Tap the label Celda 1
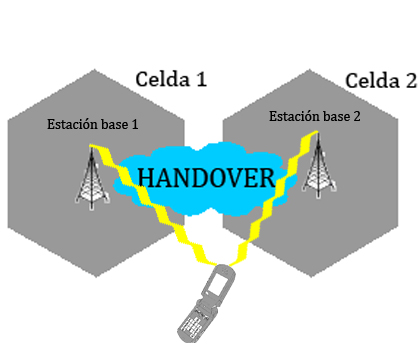[170, 78]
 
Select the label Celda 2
[381, 80]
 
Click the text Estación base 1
[94, 125]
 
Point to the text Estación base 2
[316, 117]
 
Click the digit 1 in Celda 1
[200, 78]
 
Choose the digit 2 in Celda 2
[410, 80]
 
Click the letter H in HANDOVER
[147, 177]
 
